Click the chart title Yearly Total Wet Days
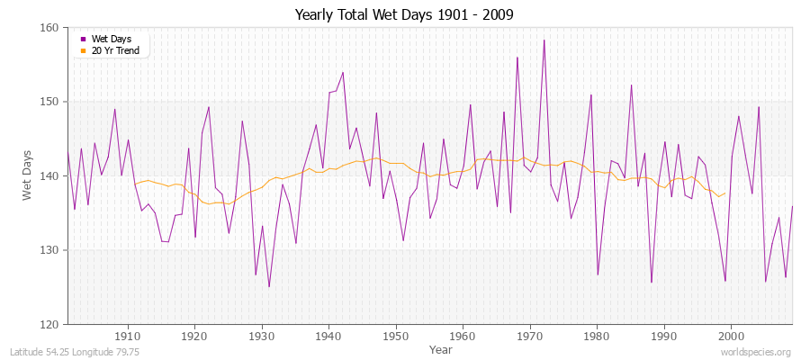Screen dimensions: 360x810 point(404,15)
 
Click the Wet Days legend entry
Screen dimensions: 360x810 point(111,39)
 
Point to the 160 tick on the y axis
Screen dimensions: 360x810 point(49,28)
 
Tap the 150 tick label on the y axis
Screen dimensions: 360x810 point(49,102)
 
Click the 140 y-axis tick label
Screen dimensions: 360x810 point(49,176)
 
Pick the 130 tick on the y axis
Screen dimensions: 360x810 point(49,250)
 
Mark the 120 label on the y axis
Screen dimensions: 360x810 point(49,324)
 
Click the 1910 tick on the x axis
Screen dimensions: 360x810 point(128,335)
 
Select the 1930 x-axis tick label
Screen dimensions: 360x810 point(262,335)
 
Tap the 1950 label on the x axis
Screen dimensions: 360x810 point(396,335)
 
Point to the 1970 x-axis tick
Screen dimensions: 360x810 point(530,335)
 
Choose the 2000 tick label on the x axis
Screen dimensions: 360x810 point(731,335)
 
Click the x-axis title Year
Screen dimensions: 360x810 point(441,349)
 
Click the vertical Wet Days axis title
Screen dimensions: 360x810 point(27,175)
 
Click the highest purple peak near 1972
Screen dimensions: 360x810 point(544,40)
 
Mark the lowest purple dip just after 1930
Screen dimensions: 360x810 point(269,287)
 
